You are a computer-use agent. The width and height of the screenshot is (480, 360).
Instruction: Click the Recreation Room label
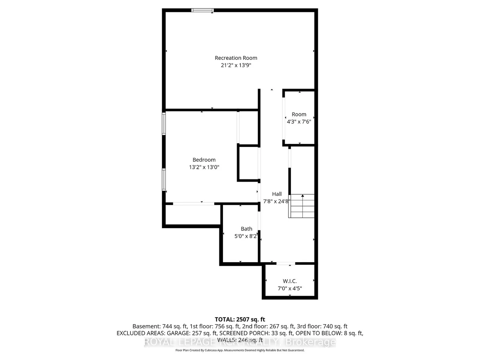pos(236,58)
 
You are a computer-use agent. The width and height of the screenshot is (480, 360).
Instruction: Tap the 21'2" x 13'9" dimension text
pos(236,65)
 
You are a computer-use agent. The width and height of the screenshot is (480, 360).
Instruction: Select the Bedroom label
pos(204,160)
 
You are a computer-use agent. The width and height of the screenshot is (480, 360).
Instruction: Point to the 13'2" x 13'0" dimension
pos(204,167)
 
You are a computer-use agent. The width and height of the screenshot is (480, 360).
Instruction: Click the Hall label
pos(277,194)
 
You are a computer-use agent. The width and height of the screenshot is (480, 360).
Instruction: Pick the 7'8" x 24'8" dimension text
pos(277,202)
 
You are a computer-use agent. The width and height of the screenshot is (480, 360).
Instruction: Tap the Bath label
pos(246,229)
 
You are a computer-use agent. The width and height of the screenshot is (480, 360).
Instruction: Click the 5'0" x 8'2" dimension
pos(246,236)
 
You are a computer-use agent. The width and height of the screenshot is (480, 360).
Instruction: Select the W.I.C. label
pos(289,281)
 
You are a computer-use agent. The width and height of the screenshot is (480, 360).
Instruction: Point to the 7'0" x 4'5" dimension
pos(289,289)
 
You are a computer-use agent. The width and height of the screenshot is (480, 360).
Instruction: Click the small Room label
pos(299,114)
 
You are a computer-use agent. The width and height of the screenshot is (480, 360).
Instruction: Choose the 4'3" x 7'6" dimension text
pos(299,121)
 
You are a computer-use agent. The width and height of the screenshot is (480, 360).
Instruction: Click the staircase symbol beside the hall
pos(302,206)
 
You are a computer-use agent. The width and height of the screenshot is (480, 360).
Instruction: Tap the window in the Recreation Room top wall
pos(202,10)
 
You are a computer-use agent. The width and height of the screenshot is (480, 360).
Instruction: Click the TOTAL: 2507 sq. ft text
pos(240,319)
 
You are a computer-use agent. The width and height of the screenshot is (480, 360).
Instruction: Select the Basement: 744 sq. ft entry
pos(160,326)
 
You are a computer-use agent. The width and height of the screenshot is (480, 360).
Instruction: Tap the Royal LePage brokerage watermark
pos(240,342)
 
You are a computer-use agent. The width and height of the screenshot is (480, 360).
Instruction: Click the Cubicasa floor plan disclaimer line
pos(240,350)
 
